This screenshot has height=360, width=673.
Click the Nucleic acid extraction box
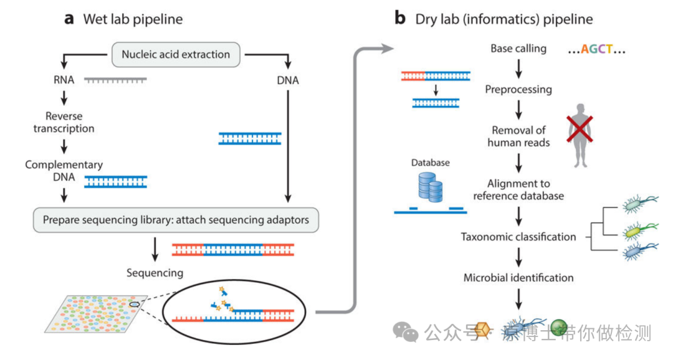click(176, 54)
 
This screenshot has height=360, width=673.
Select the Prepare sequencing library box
click(176, 220)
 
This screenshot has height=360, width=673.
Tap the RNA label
click(63, 80)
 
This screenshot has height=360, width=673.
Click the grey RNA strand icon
click(115, 80)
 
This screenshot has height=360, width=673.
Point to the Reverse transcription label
click(64, 122)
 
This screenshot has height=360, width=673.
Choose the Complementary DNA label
click(64, 171)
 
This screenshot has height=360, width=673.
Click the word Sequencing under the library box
click(155, 273)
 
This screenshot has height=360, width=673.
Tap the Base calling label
click(518, 49)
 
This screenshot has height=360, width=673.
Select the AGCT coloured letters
click(596, 49)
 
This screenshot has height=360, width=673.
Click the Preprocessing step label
click(518, 89)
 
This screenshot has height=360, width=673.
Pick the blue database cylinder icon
click(430, 186)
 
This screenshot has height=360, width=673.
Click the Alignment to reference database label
click(518, 190)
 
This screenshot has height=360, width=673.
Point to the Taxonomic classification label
click(518, 237)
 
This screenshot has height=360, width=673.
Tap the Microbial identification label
click(518, 277)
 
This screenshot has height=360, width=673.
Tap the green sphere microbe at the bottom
click(559, 328)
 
